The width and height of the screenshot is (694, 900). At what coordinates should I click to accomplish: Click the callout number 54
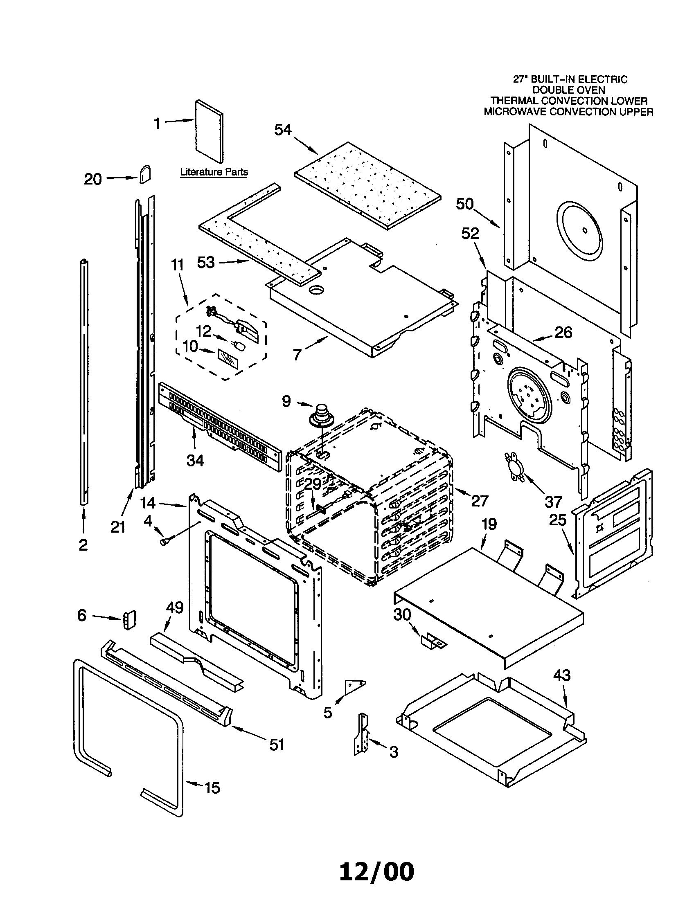point(283,130)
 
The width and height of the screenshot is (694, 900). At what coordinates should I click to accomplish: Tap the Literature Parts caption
point(214,172)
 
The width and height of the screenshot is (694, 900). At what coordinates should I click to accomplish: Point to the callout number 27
point(479,501)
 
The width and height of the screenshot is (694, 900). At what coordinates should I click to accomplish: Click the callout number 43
point(562,675)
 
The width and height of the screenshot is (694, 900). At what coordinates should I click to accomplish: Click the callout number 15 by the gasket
point(212,788)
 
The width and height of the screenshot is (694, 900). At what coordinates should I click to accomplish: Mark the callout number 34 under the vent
point(195,460)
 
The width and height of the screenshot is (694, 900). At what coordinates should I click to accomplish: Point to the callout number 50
point(465,204)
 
